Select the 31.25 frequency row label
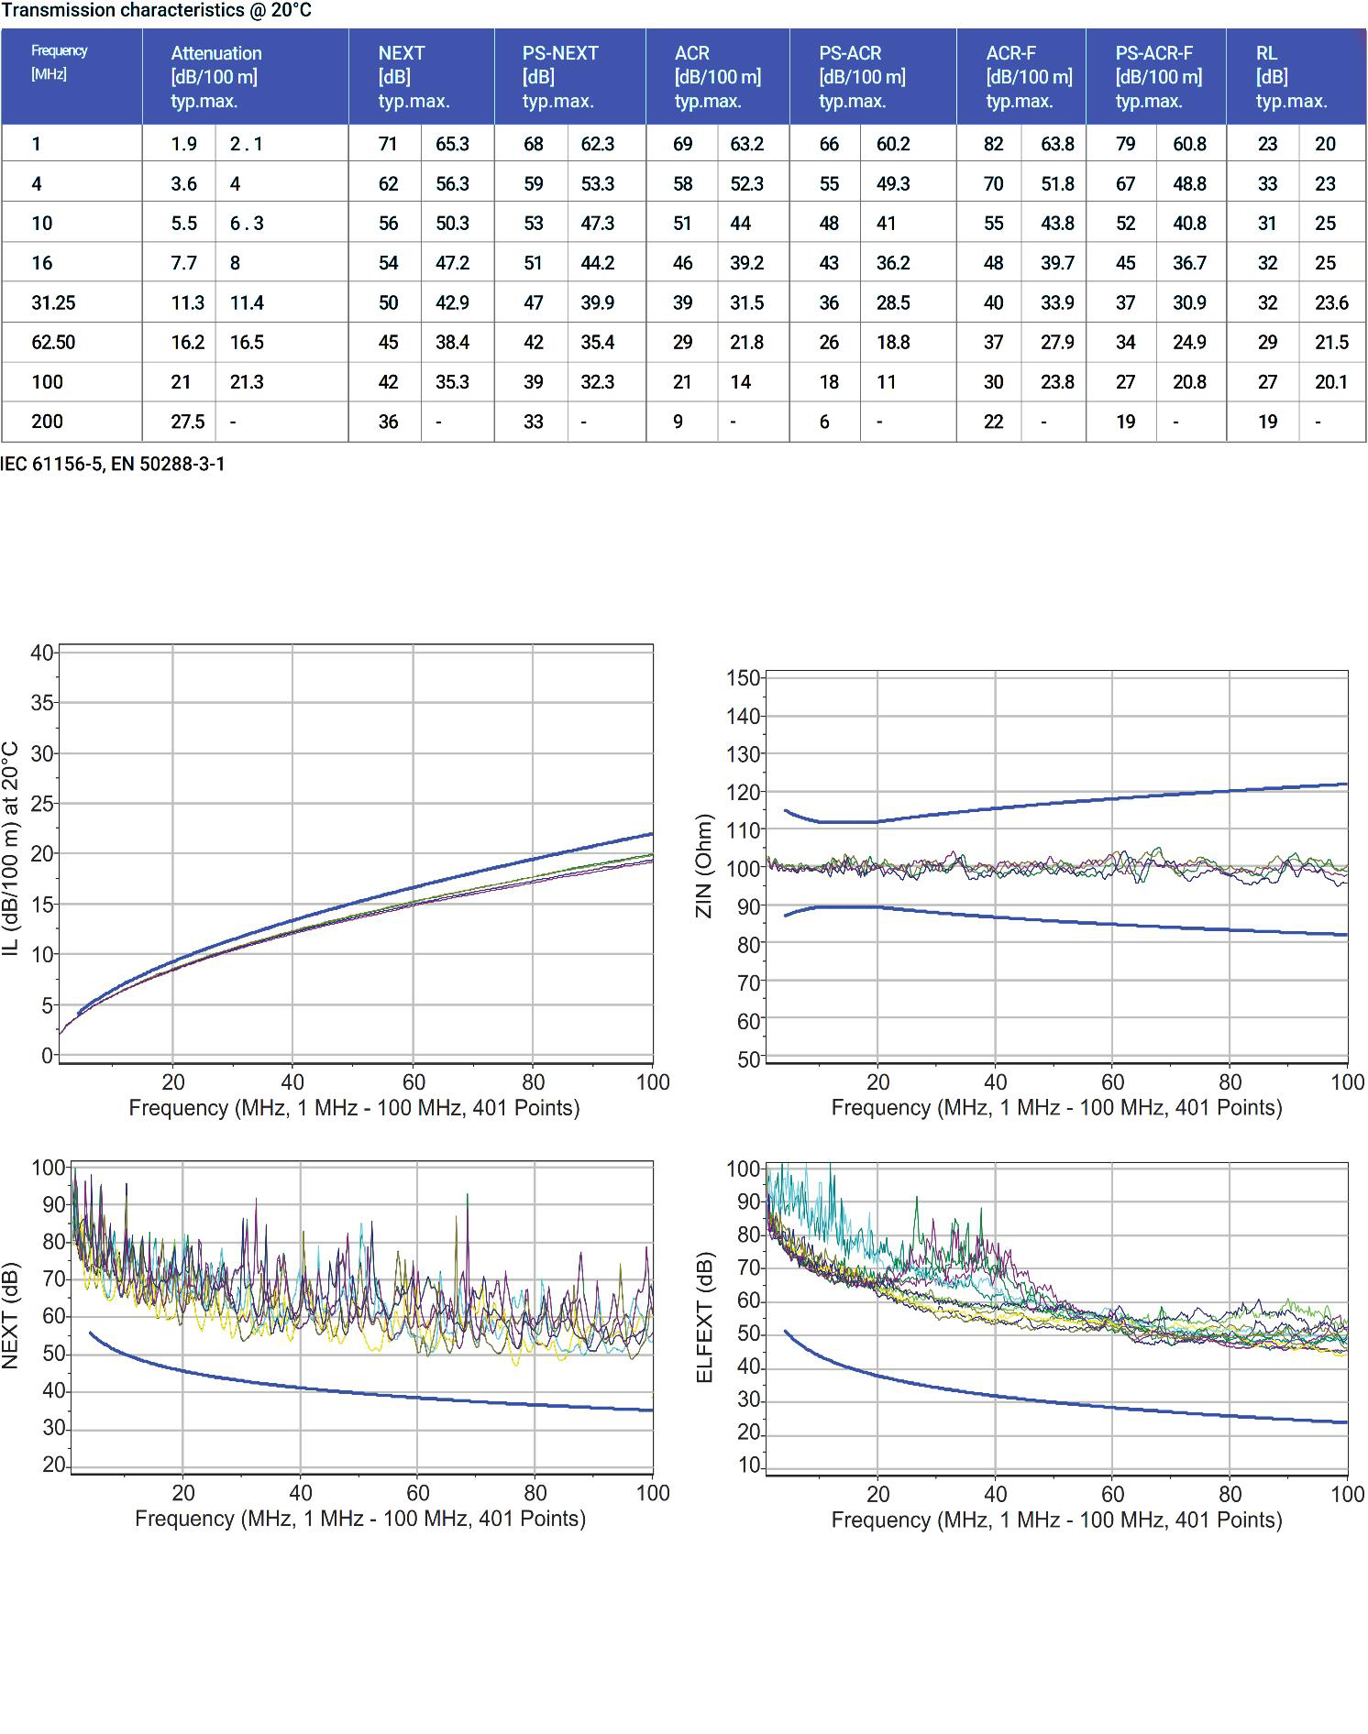click(x=53, y=302)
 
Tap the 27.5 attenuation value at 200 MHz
click(x=188, y=422)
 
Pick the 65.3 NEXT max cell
click(x=452, y=144)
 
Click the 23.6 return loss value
click(x=1331, y=302)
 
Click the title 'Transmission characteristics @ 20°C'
click(x=156, y=10)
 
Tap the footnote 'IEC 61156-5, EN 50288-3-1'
click(x=113, y=464)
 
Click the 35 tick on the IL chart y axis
click(x=42, y=703)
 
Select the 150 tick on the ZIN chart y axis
click(x=743, y=678)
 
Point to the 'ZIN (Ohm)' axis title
click(x=704, y=865)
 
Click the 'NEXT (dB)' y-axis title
click(x=11, y=1316)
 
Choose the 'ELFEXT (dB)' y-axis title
click(x=704, y=1318)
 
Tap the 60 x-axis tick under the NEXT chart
click(x=418, y=1493)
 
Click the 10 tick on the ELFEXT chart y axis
click(x=749, y=1465)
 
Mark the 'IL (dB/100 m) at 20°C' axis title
click(x=11, y=850)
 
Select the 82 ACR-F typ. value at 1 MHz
click(x=993, y=144)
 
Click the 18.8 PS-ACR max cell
click(x=892, y=343)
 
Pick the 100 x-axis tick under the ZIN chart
click(x=1347, y=1082)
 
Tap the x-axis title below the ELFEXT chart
click(x=1056, y=1520)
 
